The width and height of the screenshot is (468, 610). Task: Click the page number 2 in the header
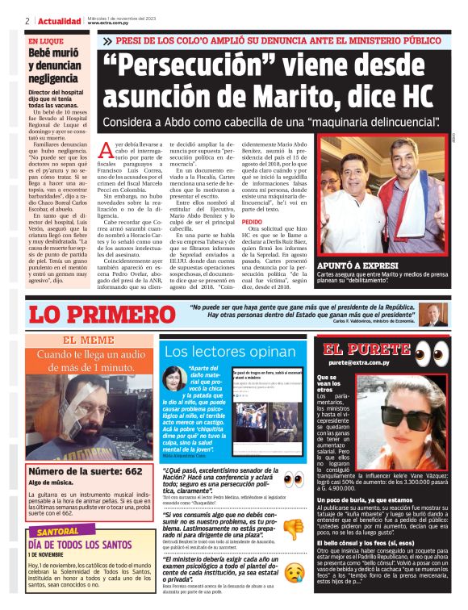(x=27, y=20)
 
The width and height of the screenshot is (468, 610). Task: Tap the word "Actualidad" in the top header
(x=58, y=20)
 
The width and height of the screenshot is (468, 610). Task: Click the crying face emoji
(x=293, y=574)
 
